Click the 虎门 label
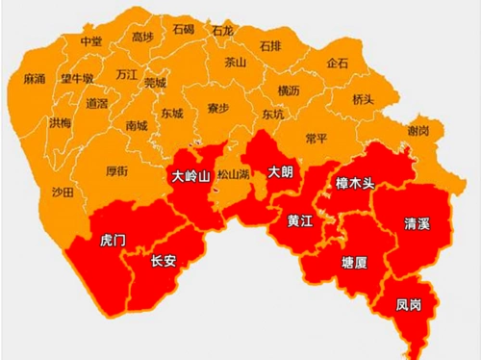pyautogui.click(x=113, y=240)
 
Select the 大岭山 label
pyautogui.click(x=190, y=176)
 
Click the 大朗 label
pyautogui.click(x=279, y=173)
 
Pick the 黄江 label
pyautogui.click(x=299, y=220)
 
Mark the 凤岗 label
pyautogui.click(x=408, y=305)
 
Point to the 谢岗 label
pyautogui.click(x=418, y=130)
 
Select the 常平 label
pyautogui.click(x=316, y=139)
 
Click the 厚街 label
pyautogui.click(x=116, y=171)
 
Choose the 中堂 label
pyautogui.click(x=91, y=41)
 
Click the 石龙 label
pyautogui.click(x=222, y=31)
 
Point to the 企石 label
pyautogui.click(x=338, y=63)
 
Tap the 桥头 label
pyautogui.click(x=363, y=99)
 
